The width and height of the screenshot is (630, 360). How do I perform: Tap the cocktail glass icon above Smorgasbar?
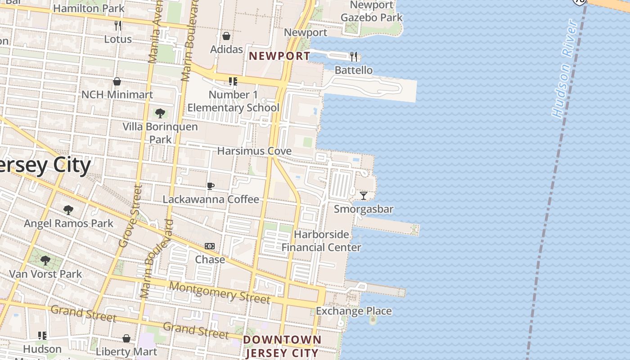tap(364, 196)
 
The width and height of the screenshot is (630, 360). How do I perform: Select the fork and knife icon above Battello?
tap(354, 57)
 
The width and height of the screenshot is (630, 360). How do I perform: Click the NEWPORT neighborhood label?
tap(279, 56)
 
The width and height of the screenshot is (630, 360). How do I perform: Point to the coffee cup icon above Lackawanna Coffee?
tap(210, 186)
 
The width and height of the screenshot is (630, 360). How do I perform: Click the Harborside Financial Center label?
tap(321, 241)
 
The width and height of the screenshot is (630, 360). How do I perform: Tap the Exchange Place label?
tap(354, 311)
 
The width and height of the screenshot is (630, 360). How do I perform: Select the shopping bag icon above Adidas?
tap(226, 36)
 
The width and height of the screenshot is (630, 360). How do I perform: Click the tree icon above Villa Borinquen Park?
tap(160, 113)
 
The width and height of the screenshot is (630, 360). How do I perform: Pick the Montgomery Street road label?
tap(220, 293)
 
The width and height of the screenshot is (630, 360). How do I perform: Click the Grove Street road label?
tap(130, 216)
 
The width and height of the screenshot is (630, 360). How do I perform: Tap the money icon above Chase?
tap(210, 246)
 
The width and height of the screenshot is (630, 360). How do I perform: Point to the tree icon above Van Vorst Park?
tap(45, 261)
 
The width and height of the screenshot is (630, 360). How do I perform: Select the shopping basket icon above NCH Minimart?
tap(117, 81)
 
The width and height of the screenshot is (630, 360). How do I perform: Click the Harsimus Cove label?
tap(254, 151)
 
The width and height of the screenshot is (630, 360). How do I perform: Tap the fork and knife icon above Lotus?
tap(118, 26)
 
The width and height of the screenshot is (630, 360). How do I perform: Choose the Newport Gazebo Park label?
tap(372, 11)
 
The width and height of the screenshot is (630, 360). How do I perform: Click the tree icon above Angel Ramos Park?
tap(68, 210)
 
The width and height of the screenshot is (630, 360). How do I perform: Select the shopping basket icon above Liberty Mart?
tap(127, 338)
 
